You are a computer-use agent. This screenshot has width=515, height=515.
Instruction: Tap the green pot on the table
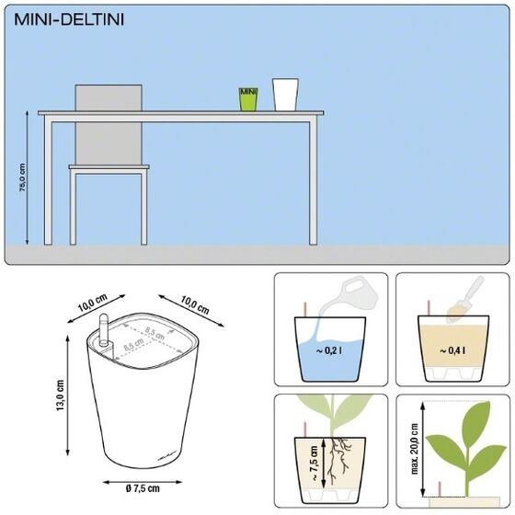point(247,99)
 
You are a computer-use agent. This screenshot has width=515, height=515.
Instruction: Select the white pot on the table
point(286,94)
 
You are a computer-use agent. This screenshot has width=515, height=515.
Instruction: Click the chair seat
point(109,167)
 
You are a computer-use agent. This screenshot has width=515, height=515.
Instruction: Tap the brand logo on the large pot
point(143,456)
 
